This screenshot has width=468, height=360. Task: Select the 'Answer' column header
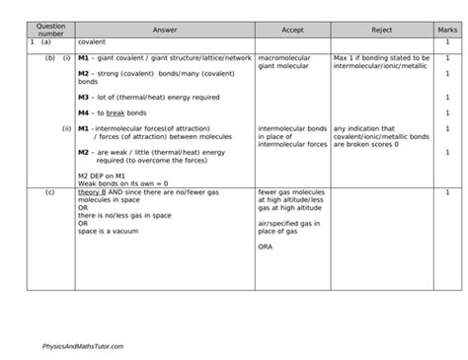162,31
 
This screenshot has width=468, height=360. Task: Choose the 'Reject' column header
381,31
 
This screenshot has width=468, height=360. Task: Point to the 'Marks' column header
447,31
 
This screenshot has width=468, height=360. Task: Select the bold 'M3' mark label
84,98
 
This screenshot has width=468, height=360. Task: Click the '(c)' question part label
49,191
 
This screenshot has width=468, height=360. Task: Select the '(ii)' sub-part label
65,129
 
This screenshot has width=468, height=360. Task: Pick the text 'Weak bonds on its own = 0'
117,183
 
